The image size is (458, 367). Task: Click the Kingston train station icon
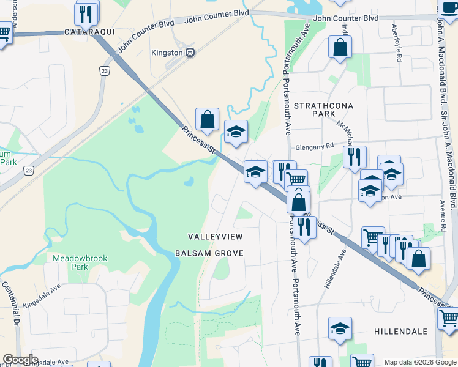[x=190, y=53]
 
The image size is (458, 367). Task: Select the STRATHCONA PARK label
[x=323, y=109]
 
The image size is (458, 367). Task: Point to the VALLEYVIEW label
[x=216, y=236]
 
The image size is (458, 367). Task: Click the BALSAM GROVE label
[x=209, y=253]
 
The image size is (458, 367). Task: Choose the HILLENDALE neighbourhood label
[x=400, y=331]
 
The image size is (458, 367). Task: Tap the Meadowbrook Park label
[x=79, y=262]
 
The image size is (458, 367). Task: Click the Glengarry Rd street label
[x=314, y=146]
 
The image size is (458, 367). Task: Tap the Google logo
[x=20, y=360]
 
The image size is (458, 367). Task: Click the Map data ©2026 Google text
[x=419, y=362]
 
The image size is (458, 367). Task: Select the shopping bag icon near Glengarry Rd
[x=208, y=119]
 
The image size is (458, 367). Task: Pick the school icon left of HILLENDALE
[x=340, y=328]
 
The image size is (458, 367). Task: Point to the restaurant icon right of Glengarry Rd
[x=355, y=157]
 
